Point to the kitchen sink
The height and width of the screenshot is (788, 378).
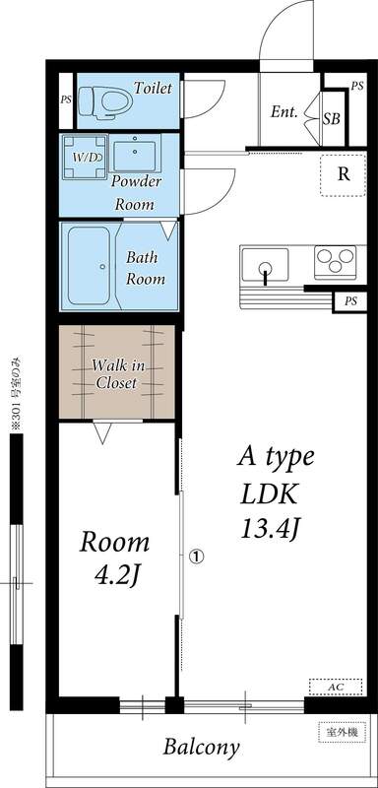[265, 265]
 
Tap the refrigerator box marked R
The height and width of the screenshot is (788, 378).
[344, 175]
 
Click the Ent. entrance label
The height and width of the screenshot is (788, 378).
[284, 111]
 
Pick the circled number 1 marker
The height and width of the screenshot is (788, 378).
[196, 557]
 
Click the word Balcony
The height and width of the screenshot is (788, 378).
[201, 748]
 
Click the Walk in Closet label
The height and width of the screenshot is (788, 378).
[115, 374]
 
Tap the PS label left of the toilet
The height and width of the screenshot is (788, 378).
[66, 99]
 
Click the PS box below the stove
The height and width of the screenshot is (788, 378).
[350, 301]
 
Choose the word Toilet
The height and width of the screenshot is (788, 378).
[153, 89]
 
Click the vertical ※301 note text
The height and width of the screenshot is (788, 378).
[15, 393]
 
